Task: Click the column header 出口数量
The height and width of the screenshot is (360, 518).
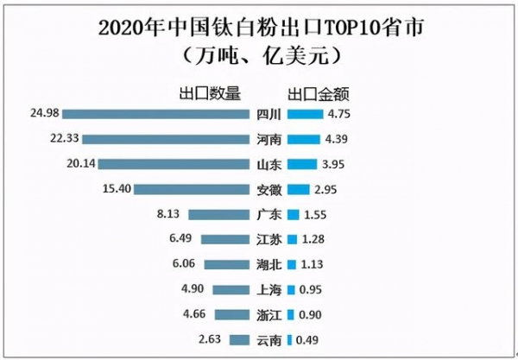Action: click(210, 92)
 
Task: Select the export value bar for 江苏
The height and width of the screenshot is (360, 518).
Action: click(292, 240)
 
